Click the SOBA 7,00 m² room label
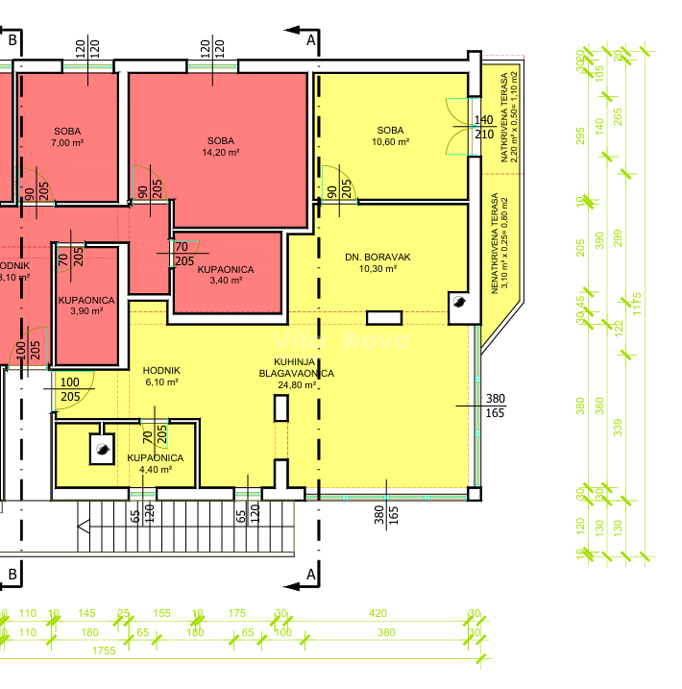tap(67, 136)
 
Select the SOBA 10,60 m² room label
tap(390, 135)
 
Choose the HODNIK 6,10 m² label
tap(161, 376)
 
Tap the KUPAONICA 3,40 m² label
tap(226, 275)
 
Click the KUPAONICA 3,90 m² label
tap(85, 306)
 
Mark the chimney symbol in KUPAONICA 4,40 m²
tap(100, 445)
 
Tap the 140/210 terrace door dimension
tap(484, 127)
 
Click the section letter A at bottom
tap(310, 575)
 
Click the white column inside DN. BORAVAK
tap(389, 317)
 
